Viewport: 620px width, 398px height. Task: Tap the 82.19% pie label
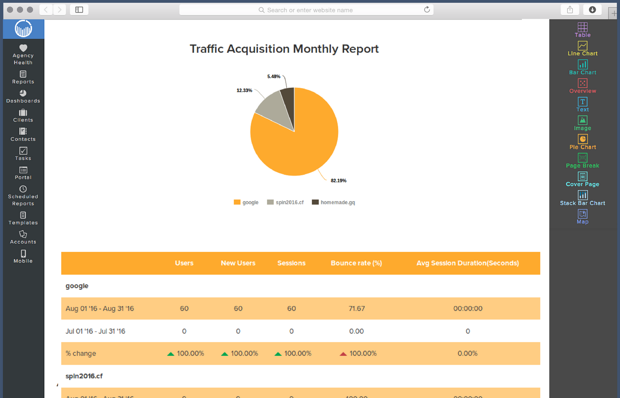338,181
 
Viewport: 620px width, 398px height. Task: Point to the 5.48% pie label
273,76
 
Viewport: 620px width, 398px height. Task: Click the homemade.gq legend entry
333,202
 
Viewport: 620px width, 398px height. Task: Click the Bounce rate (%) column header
356,263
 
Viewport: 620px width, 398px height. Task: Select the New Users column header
238,263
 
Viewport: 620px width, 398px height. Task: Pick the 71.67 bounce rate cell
357,309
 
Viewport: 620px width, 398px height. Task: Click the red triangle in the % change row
343,354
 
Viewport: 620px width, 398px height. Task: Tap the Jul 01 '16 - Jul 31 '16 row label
95,331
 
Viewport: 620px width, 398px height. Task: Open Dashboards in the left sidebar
23,96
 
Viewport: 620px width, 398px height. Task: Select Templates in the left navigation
23,218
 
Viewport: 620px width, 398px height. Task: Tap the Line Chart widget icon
583,46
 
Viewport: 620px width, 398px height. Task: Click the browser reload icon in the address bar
427,10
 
